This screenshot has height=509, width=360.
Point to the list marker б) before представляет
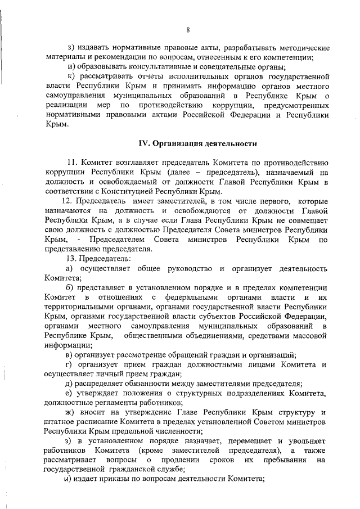70,287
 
